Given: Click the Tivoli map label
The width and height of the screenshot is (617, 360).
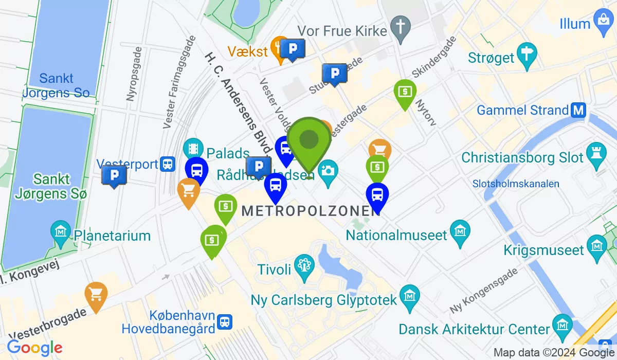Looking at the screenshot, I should [278, 268].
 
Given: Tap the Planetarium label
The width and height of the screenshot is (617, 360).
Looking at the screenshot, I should [112, 236].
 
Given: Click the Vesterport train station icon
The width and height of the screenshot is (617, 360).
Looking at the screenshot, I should [167, 164].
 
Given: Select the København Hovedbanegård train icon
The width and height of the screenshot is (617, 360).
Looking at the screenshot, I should [224, 322].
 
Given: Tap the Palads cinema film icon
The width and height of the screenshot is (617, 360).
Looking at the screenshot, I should [193, 148].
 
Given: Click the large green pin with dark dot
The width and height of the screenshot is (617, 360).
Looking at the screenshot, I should [308, 140].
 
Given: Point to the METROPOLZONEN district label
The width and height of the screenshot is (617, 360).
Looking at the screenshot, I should [311, 210].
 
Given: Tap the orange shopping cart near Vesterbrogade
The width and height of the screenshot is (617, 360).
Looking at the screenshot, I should [96, 295].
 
